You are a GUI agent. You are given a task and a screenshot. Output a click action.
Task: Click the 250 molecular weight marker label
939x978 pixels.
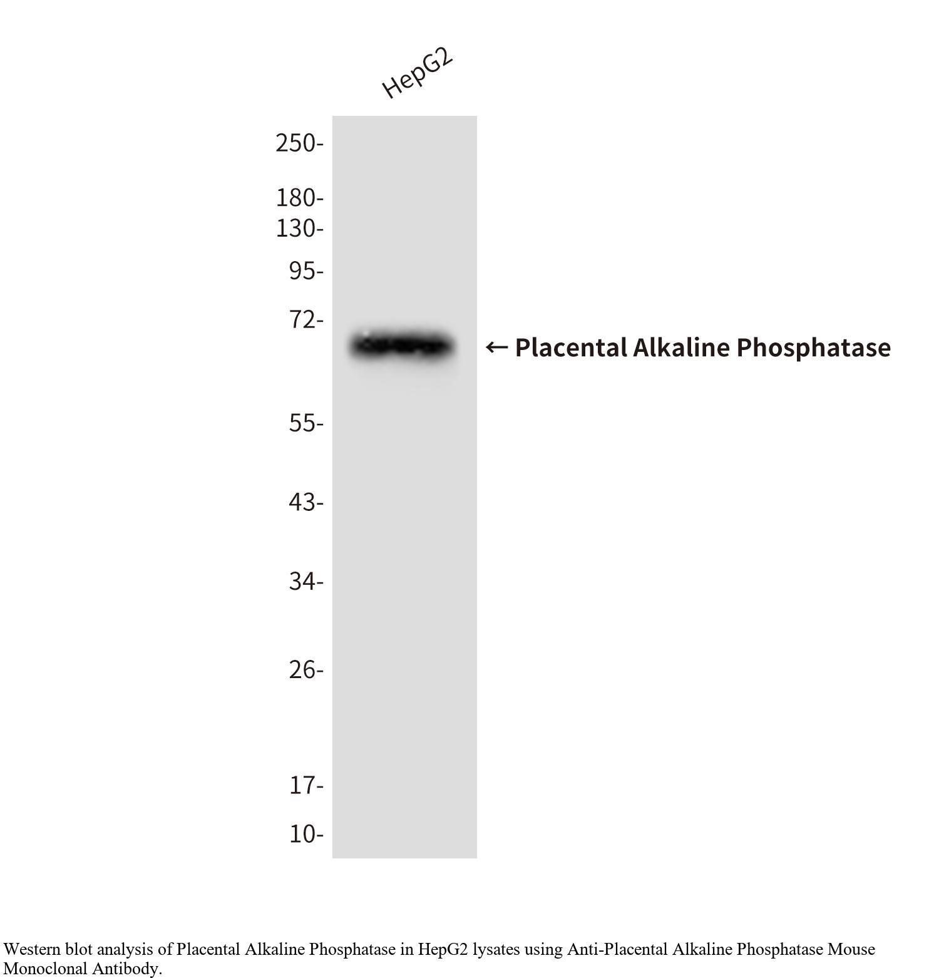(x=299, y=143)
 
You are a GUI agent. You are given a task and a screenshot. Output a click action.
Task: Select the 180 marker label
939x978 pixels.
(x=299, y=198)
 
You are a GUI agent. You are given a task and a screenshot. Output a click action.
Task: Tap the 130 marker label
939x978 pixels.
(x=299, y=229)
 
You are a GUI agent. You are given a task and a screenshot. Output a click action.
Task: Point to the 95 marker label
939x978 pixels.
(x=306, y=271)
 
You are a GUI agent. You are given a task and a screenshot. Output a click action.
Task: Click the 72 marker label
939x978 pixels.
(x=306, y=319)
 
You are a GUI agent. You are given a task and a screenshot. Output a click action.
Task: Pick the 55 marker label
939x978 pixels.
(x=306, y=423)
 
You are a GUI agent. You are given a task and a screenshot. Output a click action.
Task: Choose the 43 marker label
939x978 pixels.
(x=306, y=502)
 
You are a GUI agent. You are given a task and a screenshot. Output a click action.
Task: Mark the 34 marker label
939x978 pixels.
(x=306, y=582)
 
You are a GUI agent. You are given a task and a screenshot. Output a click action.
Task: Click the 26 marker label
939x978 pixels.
(x=306, y=670)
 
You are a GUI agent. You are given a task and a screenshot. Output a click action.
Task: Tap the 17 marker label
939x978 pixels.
(x=306, y=785)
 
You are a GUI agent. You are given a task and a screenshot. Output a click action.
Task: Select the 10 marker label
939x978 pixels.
(x=306, y=834)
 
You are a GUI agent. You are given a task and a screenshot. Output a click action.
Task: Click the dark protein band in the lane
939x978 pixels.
(x=401, y=346)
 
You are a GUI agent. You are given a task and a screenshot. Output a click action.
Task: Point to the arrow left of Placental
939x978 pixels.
(x=496, y=347)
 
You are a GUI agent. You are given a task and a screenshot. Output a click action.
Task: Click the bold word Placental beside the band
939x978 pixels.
(x=571, y=347)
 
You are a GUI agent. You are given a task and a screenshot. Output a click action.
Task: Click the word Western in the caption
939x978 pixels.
(x=32, y=949)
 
